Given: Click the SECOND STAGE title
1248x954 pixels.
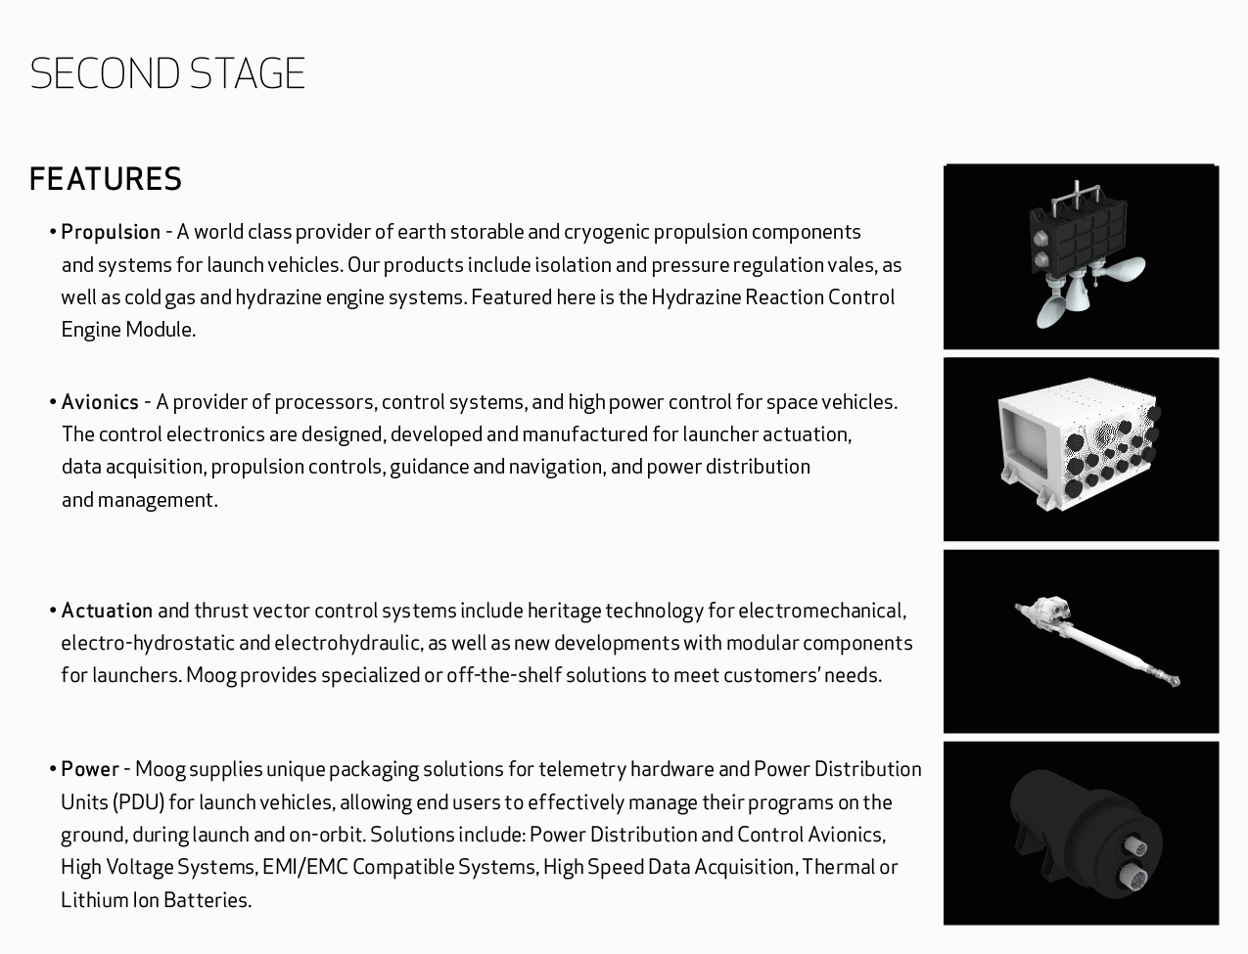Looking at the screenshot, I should coord(167,74).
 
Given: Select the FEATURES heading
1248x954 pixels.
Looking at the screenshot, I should coord(106,180).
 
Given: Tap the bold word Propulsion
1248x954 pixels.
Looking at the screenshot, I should coord(111,233).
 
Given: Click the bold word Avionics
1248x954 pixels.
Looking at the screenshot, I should coord(100,402).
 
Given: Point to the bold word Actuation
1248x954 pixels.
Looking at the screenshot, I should coord(107,612).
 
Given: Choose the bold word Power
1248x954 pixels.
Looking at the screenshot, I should coord(90,770).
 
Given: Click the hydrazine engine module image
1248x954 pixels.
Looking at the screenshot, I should coord(1081,257).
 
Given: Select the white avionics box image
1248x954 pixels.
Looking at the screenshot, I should coord(1081,448).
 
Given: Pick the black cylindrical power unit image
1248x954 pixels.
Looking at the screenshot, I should coord(1081,834).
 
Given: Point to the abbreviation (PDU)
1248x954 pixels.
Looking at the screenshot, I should coord(138,803).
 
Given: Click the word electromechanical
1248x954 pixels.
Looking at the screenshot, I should coord(821,612).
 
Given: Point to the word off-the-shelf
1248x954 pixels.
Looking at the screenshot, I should coord(504,676).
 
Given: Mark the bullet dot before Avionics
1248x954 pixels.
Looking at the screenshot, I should coord(53,403).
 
